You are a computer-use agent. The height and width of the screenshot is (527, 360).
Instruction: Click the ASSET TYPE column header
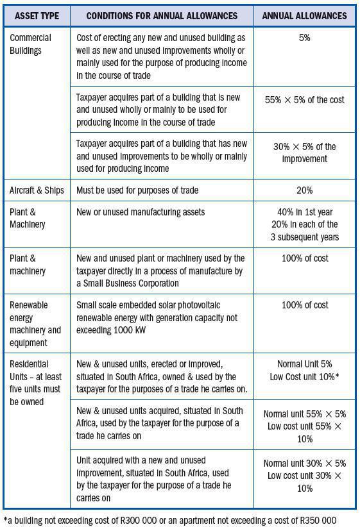point(36,15)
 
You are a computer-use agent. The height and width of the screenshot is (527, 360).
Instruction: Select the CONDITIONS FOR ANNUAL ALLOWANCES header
point(161,15)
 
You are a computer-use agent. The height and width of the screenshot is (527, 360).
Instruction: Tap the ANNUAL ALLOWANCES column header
point(304,15)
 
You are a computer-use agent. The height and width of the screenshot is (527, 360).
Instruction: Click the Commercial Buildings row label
point(30,44)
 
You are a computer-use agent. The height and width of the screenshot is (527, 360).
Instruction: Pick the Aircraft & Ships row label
point(37,190)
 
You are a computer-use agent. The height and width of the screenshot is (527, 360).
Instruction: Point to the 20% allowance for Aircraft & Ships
point(304,190)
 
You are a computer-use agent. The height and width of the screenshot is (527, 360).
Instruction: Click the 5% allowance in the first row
point(304,38)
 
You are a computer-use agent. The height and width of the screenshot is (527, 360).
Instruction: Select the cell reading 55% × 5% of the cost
point(304,99)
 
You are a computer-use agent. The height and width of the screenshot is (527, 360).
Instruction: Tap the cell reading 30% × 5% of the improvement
point(304,153)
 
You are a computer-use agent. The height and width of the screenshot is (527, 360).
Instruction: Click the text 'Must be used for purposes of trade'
point(137,190)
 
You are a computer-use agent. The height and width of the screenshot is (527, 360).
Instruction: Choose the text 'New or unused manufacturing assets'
point(140,212)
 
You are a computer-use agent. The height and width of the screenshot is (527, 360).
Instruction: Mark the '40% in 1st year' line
point(304,212)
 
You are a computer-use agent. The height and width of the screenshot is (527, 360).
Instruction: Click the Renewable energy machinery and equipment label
point(35,324)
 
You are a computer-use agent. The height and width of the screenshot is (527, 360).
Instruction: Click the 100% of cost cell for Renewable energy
point(304,305)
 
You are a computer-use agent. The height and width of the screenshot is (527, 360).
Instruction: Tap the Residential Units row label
point(36,383)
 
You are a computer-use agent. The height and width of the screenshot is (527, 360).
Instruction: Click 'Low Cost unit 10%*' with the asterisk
point(304,377)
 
